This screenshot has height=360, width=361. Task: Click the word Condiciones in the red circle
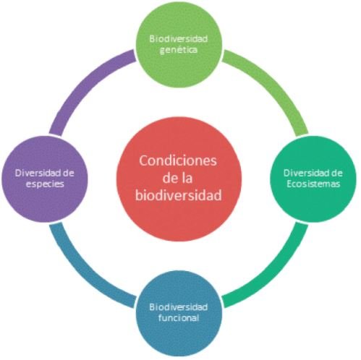(x=178, y=160)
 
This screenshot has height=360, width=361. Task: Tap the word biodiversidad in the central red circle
(x=179, y=195)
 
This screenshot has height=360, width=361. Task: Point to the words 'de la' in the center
(x=178, y=178)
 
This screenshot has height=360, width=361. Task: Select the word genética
(x=179, y=50)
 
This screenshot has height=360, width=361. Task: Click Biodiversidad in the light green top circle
(x=179, y=39)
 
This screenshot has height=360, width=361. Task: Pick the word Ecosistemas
(x=313, y=184)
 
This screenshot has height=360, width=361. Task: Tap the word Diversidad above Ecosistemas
(x=307, y=173)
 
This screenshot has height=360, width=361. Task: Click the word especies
(x=45, y=184)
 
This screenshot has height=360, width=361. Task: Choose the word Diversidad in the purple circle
(x=38, y=173)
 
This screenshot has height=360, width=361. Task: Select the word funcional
(x=179, y=318)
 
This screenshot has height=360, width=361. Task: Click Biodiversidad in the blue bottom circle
(x=179, y=307)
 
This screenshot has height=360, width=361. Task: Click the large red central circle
(x=179, y=179)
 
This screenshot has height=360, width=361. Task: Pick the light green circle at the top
(x=179, y=45)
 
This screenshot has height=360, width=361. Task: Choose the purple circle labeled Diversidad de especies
(x=45, y=179)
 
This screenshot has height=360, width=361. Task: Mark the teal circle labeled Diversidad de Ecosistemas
(x=313, y=179)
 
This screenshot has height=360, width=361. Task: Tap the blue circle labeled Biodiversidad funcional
(x=179, y=313)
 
